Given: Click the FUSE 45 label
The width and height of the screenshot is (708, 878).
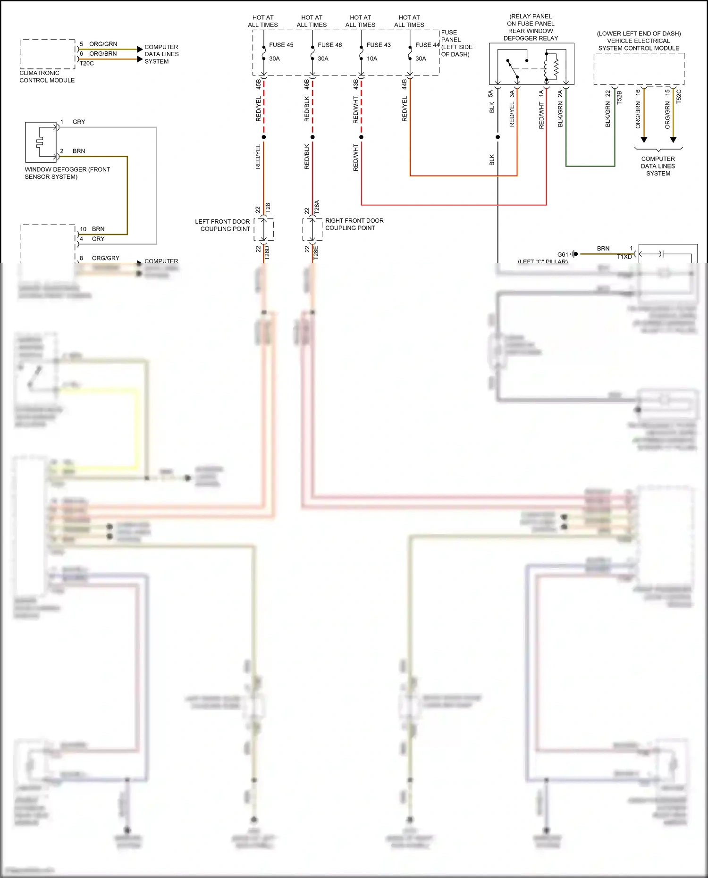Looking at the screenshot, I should (x=281, y=45).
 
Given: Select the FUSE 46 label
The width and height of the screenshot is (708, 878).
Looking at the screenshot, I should (x=329, y=45).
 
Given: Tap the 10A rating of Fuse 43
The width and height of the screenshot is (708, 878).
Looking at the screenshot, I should (x=372, y=59).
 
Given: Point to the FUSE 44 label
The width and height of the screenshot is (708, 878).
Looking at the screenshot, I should (x=427, y=45).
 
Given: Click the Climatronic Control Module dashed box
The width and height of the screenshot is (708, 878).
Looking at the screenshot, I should (x=47, y=54).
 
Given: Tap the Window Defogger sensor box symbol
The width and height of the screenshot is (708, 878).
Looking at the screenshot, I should (x=41, y=142).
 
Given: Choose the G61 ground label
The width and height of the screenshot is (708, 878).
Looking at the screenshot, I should (x=563, y=254).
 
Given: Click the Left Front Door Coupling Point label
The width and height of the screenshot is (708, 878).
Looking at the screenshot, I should (x=222, y=225).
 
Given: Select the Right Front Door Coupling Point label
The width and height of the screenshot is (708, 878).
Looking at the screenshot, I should (x=354, y=224).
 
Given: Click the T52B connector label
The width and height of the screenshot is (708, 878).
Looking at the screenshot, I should (x=619, y=97).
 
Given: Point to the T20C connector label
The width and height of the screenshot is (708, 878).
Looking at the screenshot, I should (x=86, y=63).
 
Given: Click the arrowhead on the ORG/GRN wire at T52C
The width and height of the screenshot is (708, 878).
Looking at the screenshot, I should (x=673, y=140).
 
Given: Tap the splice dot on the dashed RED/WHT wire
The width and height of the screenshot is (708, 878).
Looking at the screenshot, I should (x=361, y=137).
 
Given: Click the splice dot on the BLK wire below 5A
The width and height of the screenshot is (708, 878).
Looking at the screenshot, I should (x=497, y=137).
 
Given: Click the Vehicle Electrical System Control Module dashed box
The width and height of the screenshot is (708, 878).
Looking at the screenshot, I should (x=639, y=69).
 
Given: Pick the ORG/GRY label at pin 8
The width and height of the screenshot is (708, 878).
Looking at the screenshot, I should (x=105, y=258).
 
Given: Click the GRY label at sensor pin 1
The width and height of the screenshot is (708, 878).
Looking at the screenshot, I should (x=79, y=122).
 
